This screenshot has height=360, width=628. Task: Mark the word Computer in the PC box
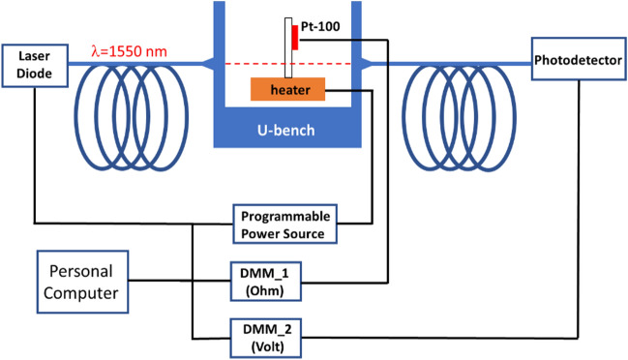pyautogui.click(x=81, y=291)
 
